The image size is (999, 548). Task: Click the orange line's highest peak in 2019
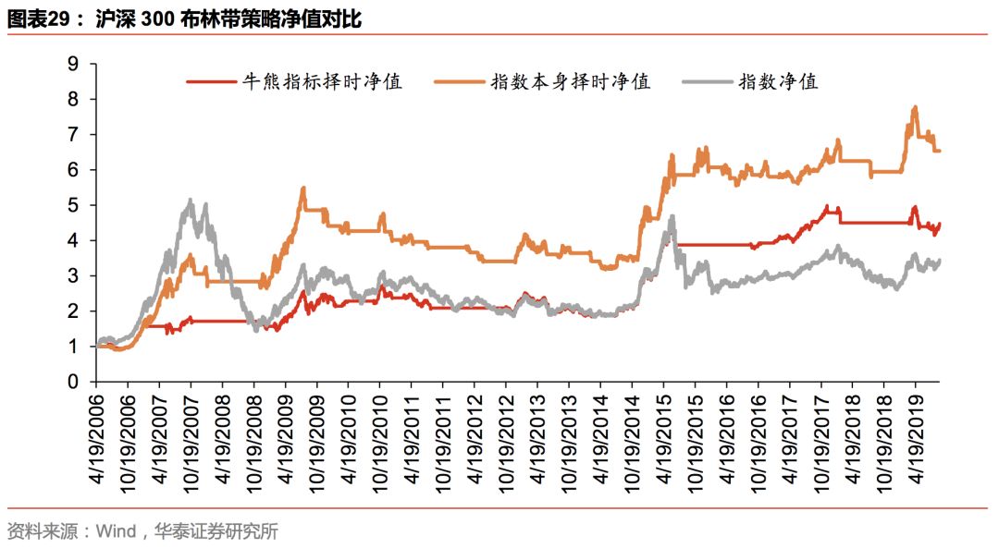tap(915, 107)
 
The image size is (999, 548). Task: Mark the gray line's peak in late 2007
tap(191, 200)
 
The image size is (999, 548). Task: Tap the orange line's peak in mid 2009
tap(303, 188)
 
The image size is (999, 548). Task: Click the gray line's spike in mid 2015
tap(672, 216)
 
